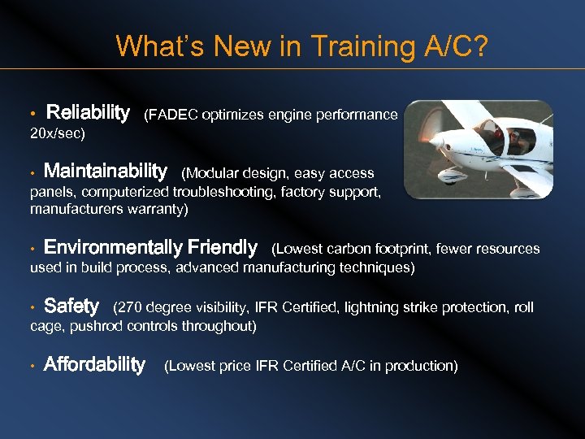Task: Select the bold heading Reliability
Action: click(88, 112)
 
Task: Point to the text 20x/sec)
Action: click(58, 132)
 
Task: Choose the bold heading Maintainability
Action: click(105, 172)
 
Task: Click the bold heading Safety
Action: click(71, 306)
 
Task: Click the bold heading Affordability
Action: click(94, 364)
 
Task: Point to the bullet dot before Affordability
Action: click(32, 367)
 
